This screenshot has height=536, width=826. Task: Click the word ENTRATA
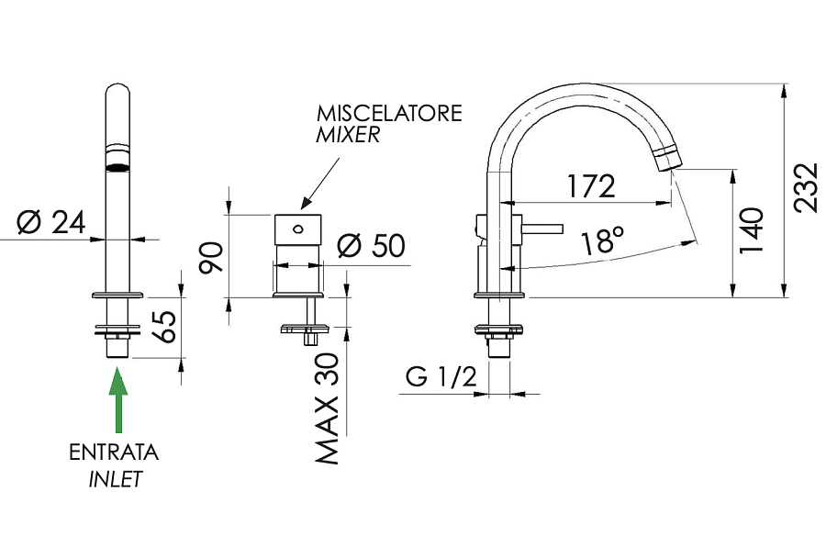[x=114, y=452]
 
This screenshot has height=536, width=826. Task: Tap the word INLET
[x=116, y=478]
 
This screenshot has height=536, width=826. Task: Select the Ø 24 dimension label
[x=51, y=221]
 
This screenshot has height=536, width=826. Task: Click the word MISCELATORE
[x=389, y=114]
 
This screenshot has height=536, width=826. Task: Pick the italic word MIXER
[x=348, y=136]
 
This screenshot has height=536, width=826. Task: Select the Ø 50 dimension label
[x=372, y=246]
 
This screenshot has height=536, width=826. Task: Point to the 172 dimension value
[x=590, y=186]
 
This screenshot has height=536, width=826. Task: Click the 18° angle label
[x=602, y=242]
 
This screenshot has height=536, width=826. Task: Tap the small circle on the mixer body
[x=298, y=229]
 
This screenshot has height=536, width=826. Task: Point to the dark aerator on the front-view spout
[x=117, y=167]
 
